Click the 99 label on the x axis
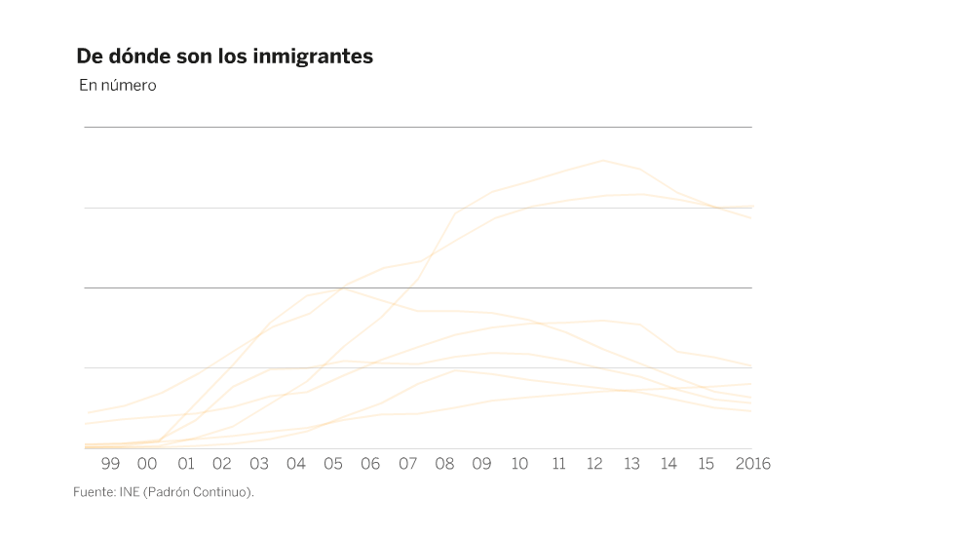coord(110,464)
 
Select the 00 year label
coord(147,464)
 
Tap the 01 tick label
coord(185,464)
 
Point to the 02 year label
coord(222,464)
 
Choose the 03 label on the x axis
coord(259,464)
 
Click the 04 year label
coord(296,464)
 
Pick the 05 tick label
coord(333,464)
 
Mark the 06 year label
coord(370,464)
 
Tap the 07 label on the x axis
coord(407,464)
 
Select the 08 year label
coord(444,464)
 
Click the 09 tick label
coord(481,464)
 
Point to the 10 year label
coord(519,464)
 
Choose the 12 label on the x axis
coord(594,464)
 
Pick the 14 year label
coord(668,464)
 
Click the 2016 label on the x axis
coord(751,464)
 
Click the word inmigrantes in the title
coord(313,57)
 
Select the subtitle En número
coord(118,86)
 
